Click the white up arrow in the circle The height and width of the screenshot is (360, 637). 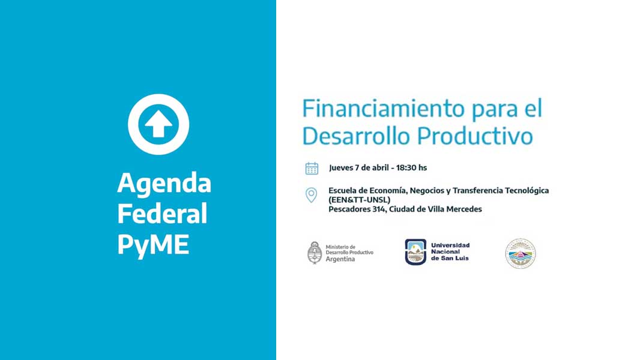point(158,124)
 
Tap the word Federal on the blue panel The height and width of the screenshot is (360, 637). point(162,214)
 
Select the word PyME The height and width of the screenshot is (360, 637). point(153,245)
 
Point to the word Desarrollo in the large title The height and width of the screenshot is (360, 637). point(356,136)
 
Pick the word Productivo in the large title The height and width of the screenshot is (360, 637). point(474,136)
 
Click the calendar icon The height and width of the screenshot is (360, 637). point(312,168)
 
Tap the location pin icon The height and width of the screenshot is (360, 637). point(311,195)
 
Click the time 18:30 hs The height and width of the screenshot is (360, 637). point(411,167)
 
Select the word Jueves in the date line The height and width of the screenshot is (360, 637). point(341,168)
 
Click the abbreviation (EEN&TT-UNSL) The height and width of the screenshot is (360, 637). point(359,200)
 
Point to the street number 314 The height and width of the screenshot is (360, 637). point(379,209)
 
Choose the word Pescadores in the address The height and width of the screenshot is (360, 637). point(349,209)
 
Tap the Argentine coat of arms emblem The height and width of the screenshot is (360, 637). point(315,253)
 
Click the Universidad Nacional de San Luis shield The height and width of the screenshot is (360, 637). point(415,251)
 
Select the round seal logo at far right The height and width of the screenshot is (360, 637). point(521,253)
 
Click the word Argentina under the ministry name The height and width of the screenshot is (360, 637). point(340,259)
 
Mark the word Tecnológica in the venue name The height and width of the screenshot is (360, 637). point(527,191)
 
